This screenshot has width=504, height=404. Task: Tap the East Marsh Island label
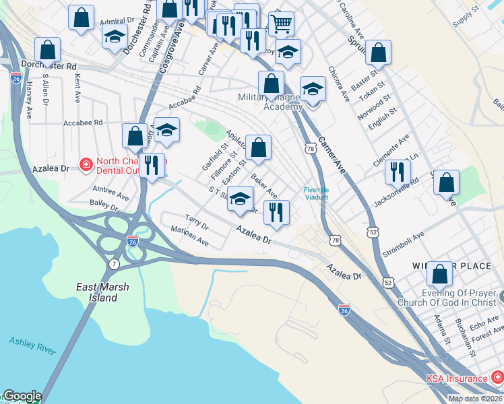pyautogui.click(x=102, y=292)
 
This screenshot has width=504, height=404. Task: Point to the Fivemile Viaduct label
pyautogui.click(x=315, y=193)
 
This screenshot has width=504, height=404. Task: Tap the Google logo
pyautogui.click(x=22, y=397)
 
